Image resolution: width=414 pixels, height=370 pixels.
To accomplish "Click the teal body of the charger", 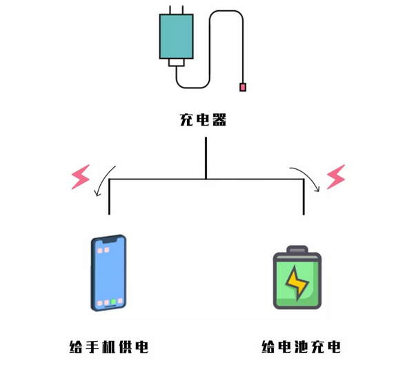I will tap(176, 37).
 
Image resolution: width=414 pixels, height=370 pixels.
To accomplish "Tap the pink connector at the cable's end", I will tap(243, 87).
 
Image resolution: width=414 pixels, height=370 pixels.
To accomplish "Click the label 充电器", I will tap(203, 120).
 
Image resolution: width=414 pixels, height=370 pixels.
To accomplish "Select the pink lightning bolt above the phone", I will tap(81, 177).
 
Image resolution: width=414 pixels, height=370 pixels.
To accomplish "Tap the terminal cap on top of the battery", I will tap(298, 249).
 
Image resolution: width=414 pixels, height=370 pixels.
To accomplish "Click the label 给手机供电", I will tap(109, 347).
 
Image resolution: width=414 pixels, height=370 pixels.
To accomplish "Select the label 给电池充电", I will tap(302, 347).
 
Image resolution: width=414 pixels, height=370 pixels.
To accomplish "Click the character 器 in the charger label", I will tap(219, 120).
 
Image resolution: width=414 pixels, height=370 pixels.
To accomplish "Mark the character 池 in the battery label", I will tap(302, 347).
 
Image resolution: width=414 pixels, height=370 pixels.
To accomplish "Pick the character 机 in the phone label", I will tap(109, 347).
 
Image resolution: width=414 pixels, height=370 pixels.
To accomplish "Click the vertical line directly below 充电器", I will tap(206, 157).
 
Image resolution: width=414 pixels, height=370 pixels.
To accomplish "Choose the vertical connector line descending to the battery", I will tap(304, 197).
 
